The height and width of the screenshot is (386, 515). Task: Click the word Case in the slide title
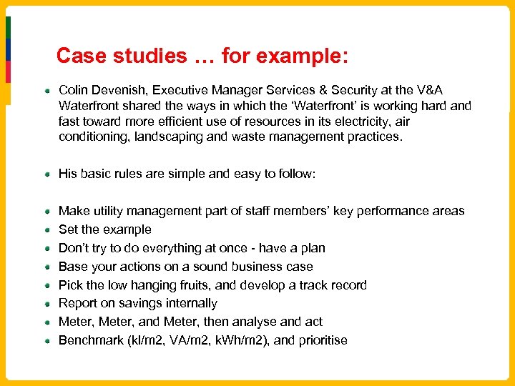(x=80, y=56)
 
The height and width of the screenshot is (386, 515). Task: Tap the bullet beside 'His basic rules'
(x=46, y=174)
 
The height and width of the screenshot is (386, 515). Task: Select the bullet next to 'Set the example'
(x=46, y=229)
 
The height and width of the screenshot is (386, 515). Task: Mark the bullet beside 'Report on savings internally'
(x=46, y=303)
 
